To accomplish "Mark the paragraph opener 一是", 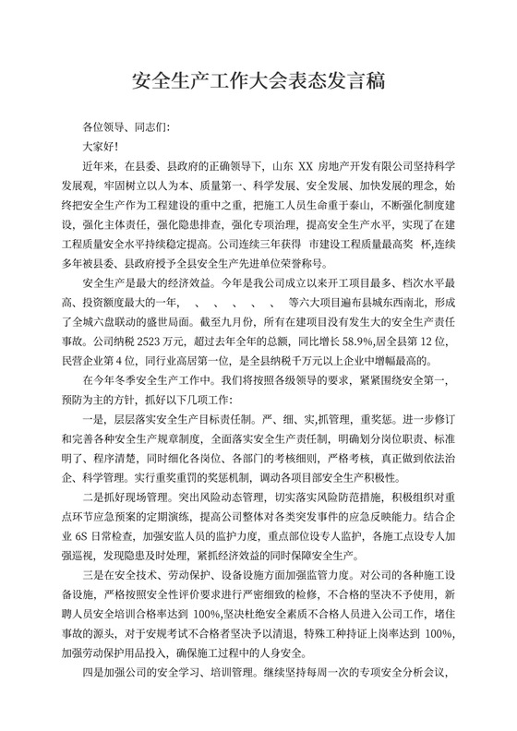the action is click(x=93, y=449).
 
